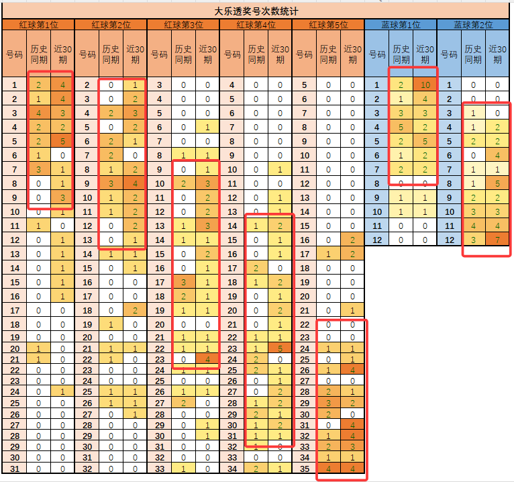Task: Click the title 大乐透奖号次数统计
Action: click(257, 11)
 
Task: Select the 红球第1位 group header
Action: click(38, 25)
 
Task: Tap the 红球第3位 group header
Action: click(183, 25)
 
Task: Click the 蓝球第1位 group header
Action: click(401, 25)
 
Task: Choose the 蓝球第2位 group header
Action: click(473, 25)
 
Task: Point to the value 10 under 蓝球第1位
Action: click(424, 85)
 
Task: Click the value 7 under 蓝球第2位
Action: click(497, 240)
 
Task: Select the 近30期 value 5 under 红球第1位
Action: click(62, 142)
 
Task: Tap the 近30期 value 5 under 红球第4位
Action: click(280, 348)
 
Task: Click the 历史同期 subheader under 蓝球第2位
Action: click(473, 54)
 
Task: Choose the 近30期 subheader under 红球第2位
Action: click(135, 54)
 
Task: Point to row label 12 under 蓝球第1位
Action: click(376, 240)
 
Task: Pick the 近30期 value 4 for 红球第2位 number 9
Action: click(135, 184)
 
